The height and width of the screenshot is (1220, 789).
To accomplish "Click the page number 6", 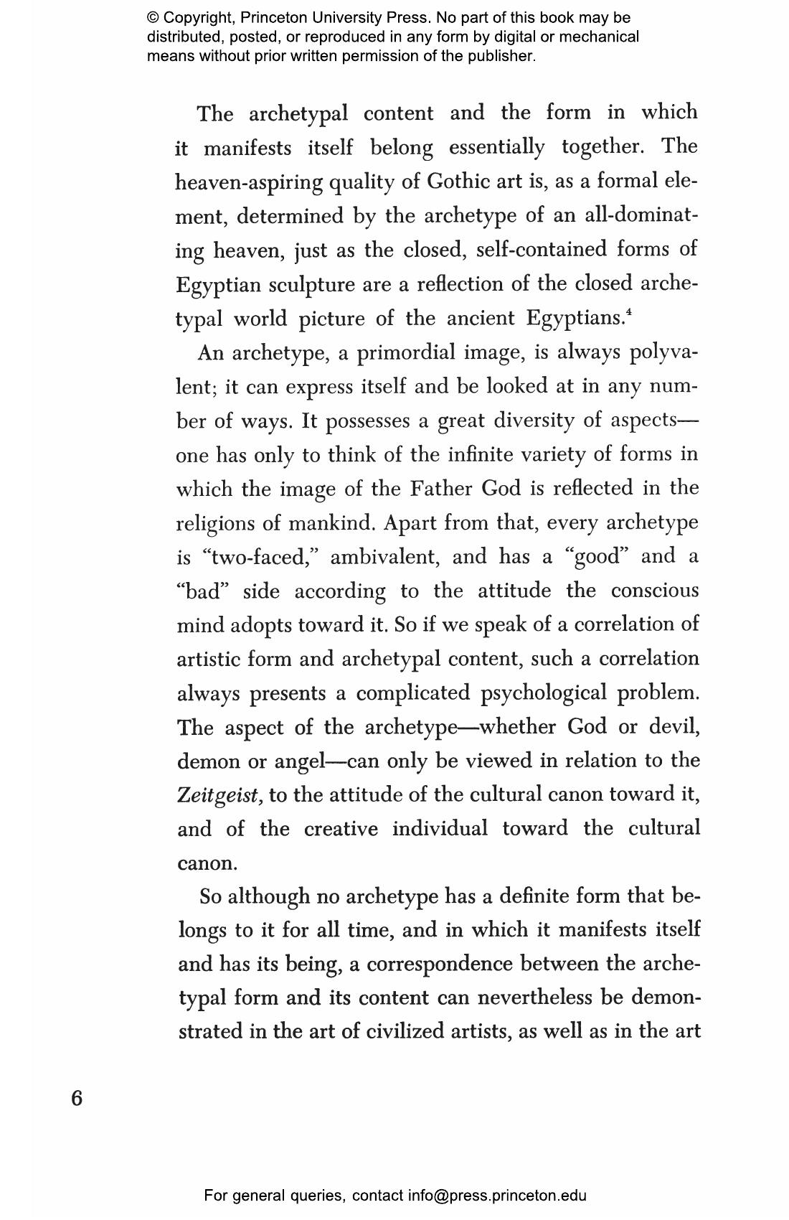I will [x=77, y=1098].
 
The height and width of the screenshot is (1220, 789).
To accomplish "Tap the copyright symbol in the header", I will [x=153, y=18].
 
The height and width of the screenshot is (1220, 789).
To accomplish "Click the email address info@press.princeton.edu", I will [x=497, y=1196].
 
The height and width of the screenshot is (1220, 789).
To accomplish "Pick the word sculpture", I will [x=312, y=285].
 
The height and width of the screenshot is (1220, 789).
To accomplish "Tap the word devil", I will [x=674, y=727].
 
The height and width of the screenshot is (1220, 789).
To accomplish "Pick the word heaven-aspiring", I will [x=249, y=182].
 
